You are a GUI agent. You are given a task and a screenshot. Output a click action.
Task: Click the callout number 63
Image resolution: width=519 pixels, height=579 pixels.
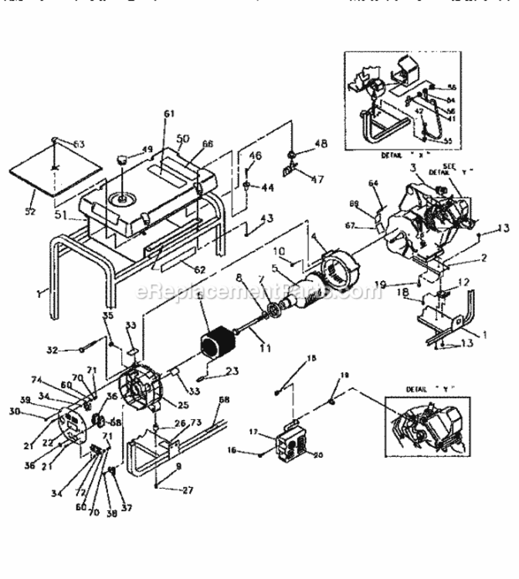pos(79,143)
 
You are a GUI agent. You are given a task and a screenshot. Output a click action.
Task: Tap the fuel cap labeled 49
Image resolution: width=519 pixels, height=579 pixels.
pos(122,160)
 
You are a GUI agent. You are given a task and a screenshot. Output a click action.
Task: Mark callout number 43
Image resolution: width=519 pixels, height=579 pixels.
pos(266,218)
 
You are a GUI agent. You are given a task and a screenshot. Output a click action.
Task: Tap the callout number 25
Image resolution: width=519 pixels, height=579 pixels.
pos(182,406)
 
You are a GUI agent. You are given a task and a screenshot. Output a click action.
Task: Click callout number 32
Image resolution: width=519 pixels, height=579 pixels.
pos(74,349)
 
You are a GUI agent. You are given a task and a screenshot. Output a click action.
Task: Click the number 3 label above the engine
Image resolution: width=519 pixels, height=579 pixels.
pos(413,168)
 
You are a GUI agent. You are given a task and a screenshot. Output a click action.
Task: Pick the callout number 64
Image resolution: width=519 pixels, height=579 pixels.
pos(373,183)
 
